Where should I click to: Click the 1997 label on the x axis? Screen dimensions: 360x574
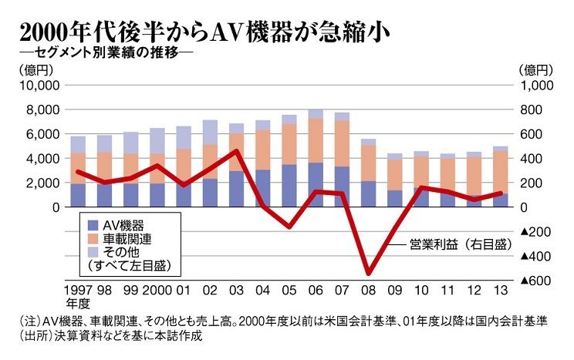pyautogui.click(x=76, y=292)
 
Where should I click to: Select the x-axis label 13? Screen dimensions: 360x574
pyautogui.click(x=499, y=292)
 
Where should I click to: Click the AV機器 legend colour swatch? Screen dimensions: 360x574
pyautogui.click(x=93, y=225)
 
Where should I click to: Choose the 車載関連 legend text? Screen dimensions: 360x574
pyautogui.click(x=131, y=238)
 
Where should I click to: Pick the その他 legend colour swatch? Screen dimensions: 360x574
pyautogui.click(x=93, y=251)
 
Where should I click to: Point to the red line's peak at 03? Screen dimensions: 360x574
pyautogui.click(x=237, y=150)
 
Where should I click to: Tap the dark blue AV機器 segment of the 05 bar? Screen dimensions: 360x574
pyautogui.click(x=289, y=185)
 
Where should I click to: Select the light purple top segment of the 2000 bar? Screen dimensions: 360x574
pyautogui.click(x=157, y=140)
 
